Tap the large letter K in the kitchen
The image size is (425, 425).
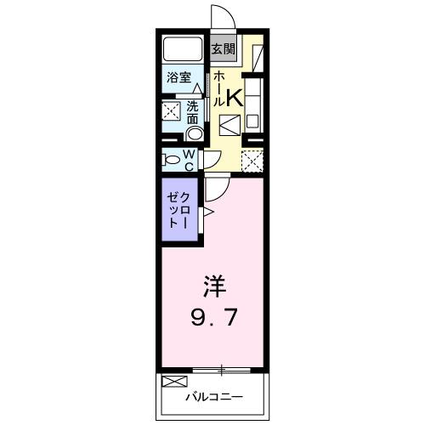click(x=234, y=98)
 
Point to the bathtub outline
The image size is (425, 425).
click(x=182, y=48)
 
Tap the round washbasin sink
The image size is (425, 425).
click(x=195, y=133)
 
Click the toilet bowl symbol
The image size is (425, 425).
click(x=171, y=160)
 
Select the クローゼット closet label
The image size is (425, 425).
click(x=179, y=208)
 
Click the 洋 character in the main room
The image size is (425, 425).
click(x=213, y=284)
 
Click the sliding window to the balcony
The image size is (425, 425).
click(x=220, y=369)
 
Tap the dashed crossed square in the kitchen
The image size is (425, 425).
click(x=252, y=160)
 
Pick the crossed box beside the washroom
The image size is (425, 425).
click(x=172, y=110)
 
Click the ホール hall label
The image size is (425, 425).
click(x=217, y=88)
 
